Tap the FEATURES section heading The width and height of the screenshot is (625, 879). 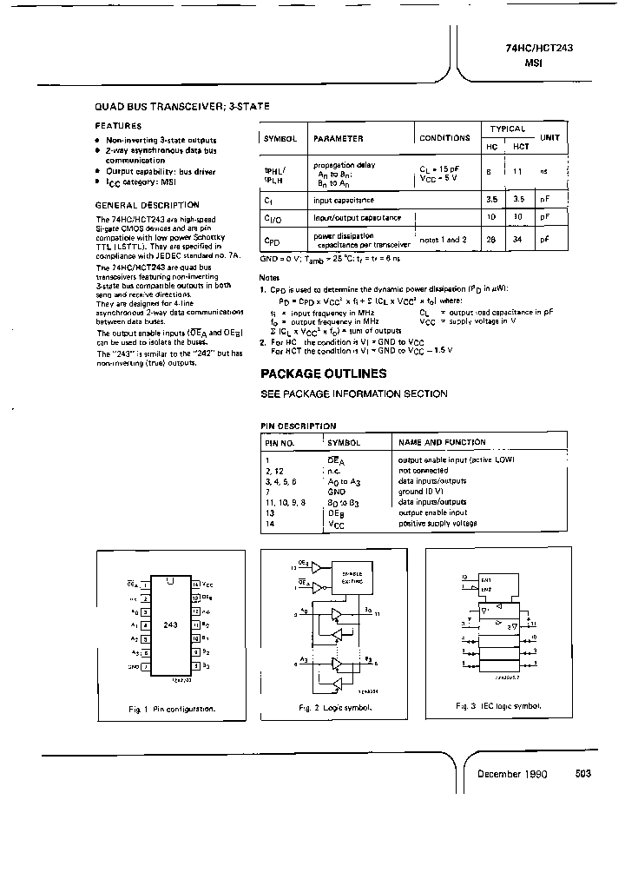(x=118, y=125)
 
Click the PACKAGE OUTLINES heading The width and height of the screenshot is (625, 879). (x=324, y=373)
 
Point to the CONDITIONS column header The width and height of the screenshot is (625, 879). (x=444, y=138)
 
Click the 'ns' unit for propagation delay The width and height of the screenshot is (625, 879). (x=544, y=172)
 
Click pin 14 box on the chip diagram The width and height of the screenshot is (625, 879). (x=195, y=585)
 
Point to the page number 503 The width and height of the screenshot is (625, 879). (x=582, y=773)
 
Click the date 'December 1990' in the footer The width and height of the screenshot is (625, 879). (x=512, y=773)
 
